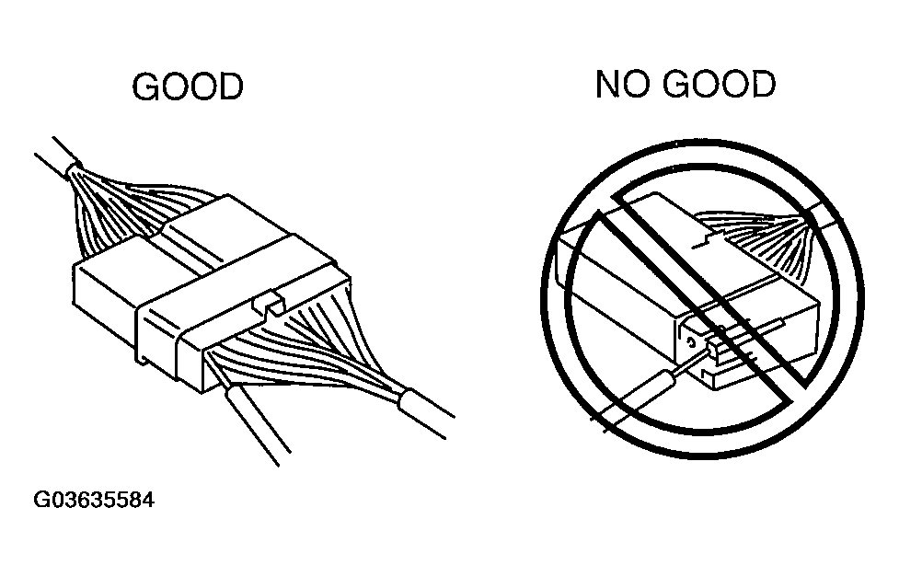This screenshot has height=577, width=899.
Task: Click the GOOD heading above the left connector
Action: [x=188, y=87]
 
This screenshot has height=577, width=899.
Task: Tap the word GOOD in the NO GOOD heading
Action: [x=720, y=85]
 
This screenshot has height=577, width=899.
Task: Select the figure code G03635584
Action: [x=94, y=500]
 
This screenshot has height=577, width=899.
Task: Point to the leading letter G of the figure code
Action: [x=40, y=500]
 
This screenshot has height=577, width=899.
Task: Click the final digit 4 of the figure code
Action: [x=148, y=500]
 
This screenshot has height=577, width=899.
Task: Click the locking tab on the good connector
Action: [x=270, y=304]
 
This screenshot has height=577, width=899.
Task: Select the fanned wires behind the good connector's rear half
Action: [x=138, y=213]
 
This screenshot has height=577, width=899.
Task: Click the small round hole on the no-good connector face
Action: [x=691, y=343]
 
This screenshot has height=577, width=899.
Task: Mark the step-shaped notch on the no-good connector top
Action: [x=709, y=240]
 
